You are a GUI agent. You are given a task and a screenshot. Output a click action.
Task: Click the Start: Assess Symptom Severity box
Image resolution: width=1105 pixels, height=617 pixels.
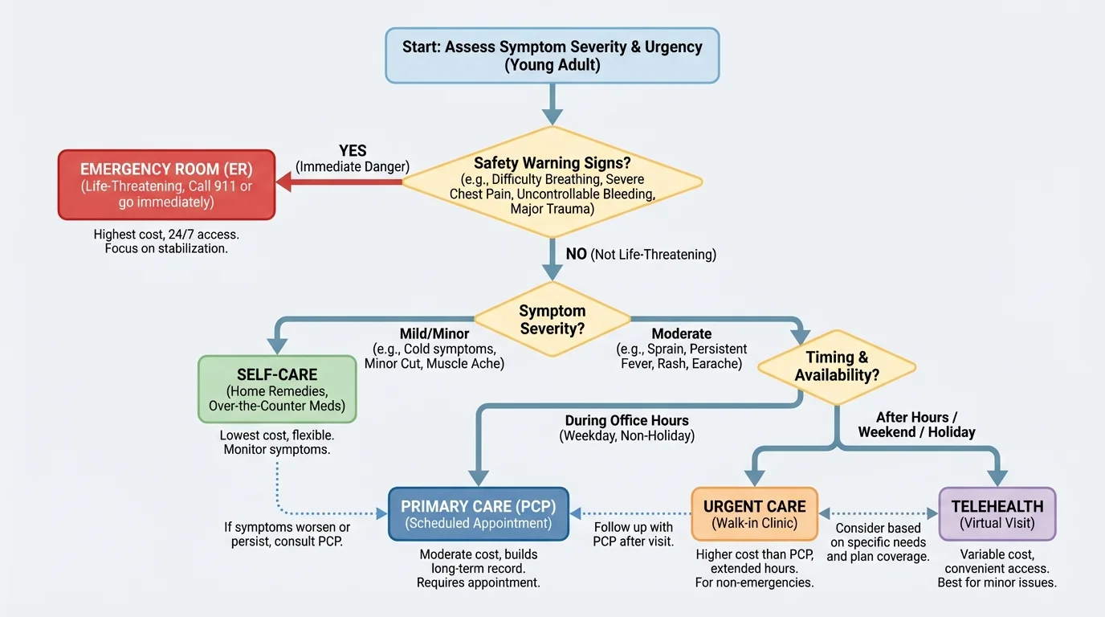click(x=552, y=55)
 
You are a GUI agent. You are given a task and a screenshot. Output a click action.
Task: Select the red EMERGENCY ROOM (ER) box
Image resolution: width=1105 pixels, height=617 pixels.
click(x=166, y=184)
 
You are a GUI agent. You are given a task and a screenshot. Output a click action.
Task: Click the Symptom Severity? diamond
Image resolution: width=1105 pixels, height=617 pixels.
click(x=552, y=320)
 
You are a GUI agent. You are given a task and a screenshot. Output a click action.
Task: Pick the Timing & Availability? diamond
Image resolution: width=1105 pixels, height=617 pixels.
click(x=837, y=366)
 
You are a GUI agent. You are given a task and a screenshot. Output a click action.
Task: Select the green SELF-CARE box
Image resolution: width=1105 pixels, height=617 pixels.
click(x=277, y=389)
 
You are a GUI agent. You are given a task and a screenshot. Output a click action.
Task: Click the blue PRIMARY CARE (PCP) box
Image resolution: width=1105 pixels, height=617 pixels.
click(x=479, y=514)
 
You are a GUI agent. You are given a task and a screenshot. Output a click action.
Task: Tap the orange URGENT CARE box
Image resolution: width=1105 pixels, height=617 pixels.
click(x=754, y=514)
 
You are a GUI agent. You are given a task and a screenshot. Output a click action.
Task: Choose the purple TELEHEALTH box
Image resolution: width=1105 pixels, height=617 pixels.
click(x=997, y=514)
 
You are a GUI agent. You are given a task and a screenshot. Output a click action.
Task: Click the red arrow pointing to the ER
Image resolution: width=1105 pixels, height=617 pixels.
click(x=337, y=182)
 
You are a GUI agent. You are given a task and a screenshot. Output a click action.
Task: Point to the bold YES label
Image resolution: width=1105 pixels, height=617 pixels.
click(x=353, y=151)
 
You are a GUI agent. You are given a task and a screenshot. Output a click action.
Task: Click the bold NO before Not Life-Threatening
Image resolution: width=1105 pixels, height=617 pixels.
click(x=576, y=255)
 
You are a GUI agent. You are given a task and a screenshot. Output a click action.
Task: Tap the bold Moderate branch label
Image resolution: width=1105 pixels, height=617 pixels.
click(x=681, y=333)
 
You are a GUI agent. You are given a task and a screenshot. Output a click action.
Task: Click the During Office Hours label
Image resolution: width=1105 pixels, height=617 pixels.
click(x=626, y=420)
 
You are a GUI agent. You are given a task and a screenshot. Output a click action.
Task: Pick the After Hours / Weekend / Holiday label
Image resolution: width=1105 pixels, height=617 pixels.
click(x=916, y=425)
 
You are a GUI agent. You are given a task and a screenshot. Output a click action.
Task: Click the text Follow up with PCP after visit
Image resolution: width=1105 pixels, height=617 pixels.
click(x=633, y=534)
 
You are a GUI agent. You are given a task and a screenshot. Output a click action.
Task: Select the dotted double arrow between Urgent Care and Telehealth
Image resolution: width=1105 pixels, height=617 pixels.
click(x=879, y=513)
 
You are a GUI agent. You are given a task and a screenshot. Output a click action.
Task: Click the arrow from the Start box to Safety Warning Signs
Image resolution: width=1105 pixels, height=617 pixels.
click(x=552, y=103)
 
